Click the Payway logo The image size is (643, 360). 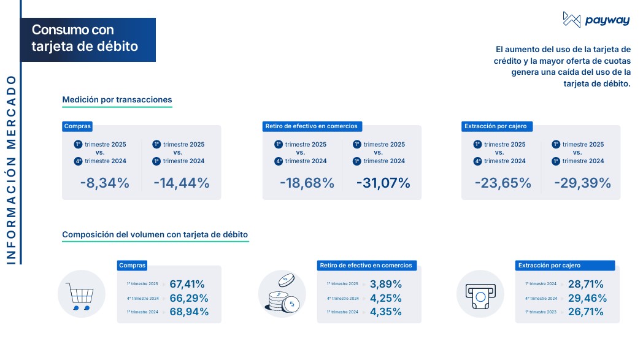coord(587,20)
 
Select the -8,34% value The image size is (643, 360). coord(104,183)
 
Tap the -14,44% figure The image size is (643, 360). coord(182,183)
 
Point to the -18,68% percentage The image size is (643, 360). coord(307,183)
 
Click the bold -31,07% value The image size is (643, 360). coord(383,183)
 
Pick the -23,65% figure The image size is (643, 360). coord(502,183)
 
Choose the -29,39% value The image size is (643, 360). coord(582,183)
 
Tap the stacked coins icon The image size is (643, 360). coord(282,294)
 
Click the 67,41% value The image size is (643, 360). coord(187,284)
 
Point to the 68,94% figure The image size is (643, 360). coord(189,312)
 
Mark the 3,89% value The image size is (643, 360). coord(386,284)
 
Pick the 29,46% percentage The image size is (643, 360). coord(587,298)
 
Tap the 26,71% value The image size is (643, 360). coord(585,312)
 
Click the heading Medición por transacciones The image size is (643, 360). coord(117,99)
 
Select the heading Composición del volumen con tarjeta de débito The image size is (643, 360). coord(155,234)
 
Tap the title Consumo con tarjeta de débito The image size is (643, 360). coord(85,38)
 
